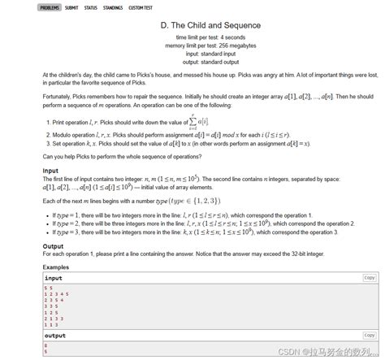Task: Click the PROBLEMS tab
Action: pyautogui.click(x=50, y=7)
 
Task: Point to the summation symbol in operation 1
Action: pyautogui.click(x=192, y=121)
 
